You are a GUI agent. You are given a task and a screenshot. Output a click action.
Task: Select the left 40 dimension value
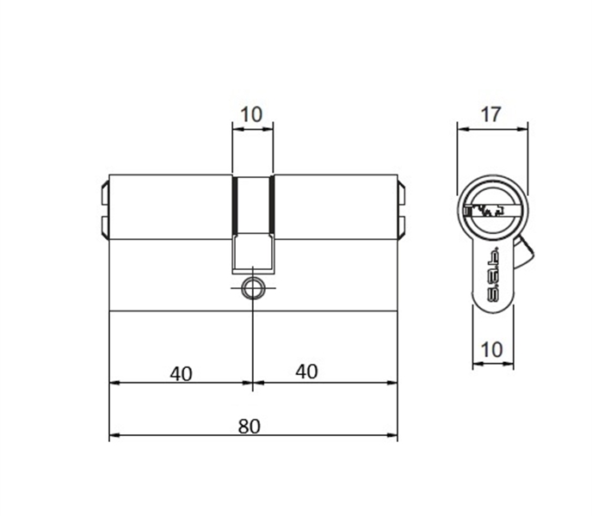181,372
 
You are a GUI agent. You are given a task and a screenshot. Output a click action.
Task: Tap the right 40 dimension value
306,372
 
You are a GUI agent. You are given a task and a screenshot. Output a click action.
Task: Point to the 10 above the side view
252,114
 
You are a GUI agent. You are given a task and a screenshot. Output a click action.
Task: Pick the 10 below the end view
491,350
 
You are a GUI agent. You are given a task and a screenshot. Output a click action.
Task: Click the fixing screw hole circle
253,287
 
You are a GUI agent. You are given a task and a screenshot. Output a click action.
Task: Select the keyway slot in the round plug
491,209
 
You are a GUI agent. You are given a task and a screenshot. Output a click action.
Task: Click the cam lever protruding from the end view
524,249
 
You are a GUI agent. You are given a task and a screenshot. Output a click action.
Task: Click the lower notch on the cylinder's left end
105,224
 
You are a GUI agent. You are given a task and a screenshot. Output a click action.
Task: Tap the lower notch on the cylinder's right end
401,224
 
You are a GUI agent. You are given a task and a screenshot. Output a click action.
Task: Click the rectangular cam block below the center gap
253,251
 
